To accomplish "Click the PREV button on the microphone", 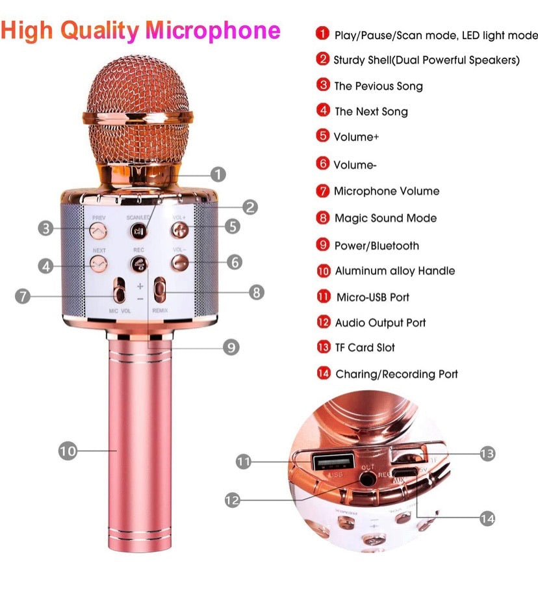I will pos(98,229).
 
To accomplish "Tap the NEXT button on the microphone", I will pos(98,263).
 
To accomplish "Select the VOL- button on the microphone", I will pos(180,263).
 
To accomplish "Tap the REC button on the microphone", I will pos(138,263).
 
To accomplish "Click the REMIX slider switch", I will pos(159,290).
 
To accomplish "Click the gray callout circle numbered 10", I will pos(68,451).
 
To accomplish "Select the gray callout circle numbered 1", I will pos(218,174).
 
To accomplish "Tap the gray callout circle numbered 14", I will pos(487,518).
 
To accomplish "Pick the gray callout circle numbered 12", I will pos(233,500).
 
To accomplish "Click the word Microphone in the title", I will pos(213,30).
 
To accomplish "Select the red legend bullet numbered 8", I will pos(323,218).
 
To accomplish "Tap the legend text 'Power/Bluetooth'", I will pos(376,246).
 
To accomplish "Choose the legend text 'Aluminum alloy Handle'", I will pos(394,271).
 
